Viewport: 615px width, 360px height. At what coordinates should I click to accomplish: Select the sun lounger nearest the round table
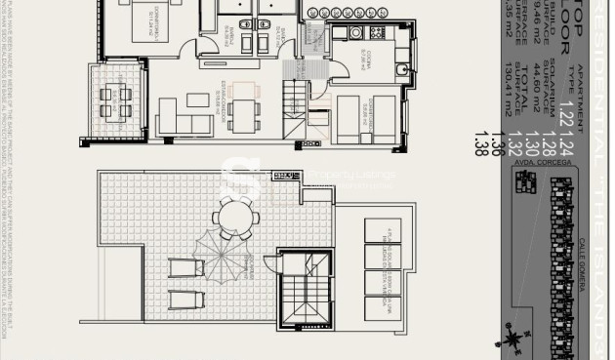point(179,268)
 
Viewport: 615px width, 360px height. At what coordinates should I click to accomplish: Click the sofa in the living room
point(184,122)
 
